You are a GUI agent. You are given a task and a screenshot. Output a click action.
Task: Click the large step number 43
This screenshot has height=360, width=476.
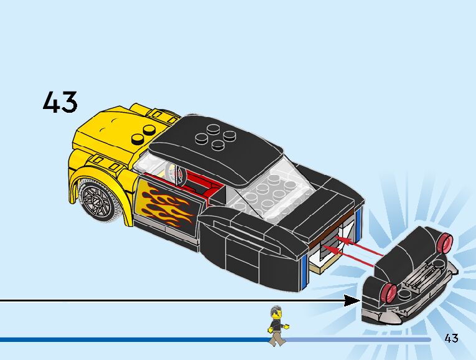60,102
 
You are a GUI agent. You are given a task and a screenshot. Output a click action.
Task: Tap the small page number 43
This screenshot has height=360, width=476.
452,338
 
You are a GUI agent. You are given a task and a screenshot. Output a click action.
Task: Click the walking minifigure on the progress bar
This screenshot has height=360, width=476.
276,325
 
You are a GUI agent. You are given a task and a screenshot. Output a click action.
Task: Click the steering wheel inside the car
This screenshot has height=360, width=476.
173,174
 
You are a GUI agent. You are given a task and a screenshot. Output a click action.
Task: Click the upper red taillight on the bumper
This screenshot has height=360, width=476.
444,242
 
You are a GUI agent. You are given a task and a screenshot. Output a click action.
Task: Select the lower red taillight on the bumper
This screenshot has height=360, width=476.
391,290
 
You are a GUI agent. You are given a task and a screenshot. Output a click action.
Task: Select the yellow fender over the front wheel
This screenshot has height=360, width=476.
100,168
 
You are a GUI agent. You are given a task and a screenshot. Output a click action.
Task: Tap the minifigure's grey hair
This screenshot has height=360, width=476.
276,311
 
